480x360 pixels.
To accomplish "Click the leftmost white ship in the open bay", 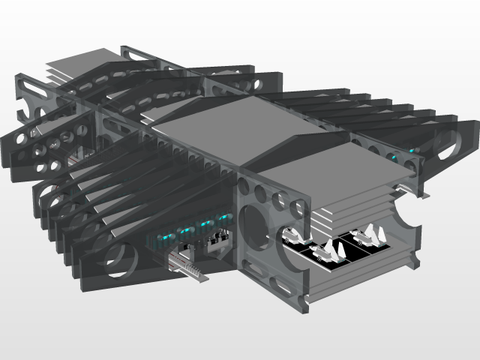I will (295, 235).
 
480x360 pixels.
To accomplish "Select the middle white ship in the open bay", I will (331, 250).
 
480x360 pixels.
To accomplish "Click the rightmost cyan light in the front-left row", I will (221, 217).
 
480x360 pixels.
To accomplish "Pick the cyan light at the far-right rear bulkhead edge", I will (412, 151).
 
